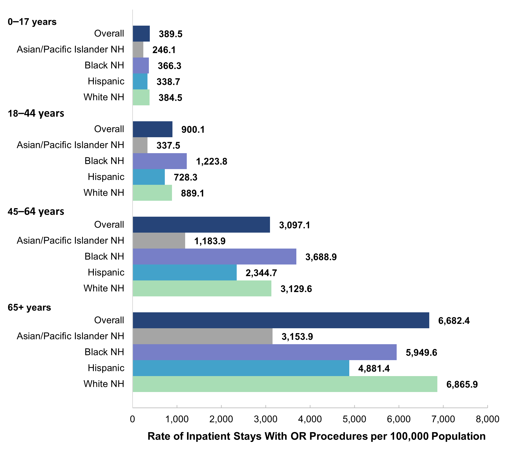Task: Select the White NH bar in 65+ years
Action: [x=285, y=384]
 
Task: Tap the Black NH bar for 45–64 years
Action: [x=214, y=256]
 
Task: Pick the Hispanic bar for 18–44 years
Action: [x=148, y=177]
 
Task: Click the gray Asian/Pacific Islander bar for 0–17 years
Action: [x=138, y=49]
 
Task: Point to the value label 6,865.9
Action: [x=462, y=384]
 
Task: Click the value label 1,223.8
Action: [x=211, y=161]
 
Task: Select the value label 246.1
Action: [x=164, y=50]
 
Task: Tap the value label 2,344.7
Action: [x=261, y=273]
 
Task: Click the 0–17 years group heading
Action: [x=32, y=22]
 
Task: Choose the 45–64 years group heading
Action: [x=36, y=211]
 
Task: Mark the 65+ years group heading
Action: [x=29, y=307]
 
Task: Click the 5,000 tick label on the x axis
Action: [x=354, y=419]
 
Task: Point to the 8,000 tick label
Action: [x=487, y=419]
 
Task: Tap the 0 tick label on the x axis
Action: [x=132, y=419]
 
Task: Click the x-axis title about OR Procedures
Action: [x=316, y=436]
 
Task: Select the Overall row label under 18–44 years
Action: [x=109, y=129]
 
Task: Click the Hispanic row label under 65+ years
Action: [x=106, y=368]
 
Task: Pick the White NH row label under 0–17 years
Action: [x=104, y=97]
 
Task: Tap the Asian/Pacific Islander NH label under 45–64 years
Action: [x=70, y=240]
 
